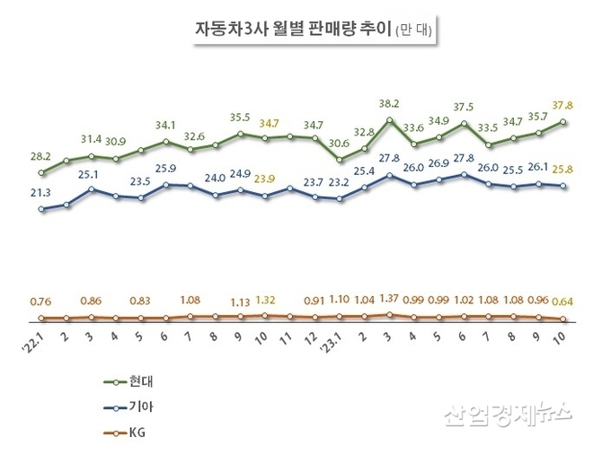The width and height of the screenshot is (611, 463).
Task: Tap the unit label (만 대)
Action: (414, 30)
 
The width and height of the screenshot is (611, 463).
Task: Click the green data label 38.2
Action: (388, 103)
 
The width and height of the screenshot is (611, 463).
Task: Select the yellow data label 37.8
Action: (563, 104)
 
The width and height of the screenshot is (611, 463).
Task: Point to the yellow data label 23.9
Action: (265, 179)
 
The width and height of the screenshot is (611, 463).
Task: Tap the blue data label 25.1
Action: (92, 174)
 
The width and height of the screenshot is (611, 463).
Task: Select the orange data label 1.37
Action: (388, 298)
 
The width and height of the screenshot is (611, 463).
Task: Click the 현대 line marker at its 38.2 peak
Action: (389, 120)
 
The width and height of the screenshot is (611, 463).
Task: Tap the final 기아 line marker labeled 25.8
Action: (563, 186)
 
